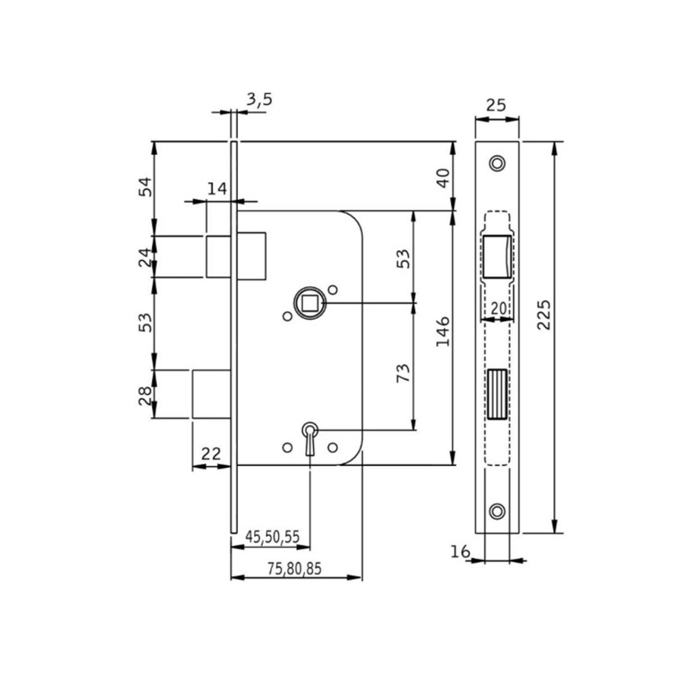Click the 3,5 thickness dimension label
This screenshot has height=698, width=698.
(x=259, y=100)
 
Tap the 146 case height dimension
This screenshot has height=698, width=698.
(x=443, y=330)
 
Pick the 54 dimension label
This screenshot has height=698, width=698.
(x=143, y=187)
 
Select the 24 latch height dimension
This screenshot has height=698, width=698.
(x=143, y=257)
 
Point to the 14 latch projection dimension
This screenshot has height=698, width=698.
(x=217, y=189)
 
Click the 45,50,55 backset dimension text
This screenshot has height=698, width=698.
(x=272, y=537)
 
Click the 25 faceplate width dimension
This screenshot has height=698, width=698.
(x=496, y=104)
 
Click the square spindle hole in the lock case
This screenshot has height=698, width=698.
(x=309, y=302)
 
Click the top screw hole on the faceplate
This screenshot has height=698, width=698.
(x=496, y=163)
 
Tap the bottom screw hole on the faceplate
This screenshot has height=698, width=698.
(x=496, y=511)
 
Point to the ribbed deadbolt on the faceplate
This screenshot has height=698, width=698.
(x=497, y=394)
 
